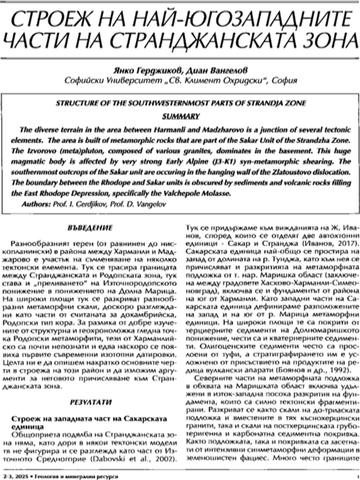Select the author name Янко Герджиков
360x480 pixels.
tap(132, 68)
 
